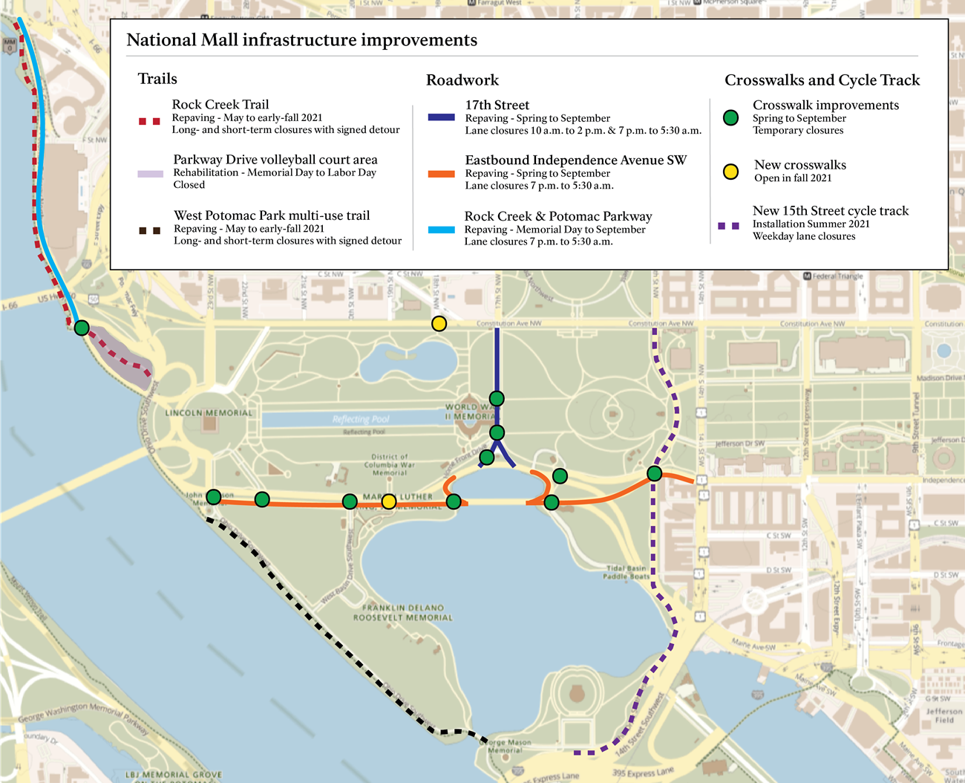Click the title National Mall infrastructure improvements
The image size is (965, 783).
coord(301,40)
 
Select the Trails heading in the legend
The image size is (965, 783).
coord(157,79)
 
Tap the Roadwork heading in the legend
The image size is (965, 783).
coord(462,80)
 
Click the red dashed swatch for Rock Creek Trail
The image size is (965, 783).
coord(149,120)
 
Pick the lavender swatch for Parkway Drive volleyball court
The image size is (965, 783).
coord(150,174)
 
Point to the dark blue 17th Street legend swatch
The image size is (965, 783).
coord(441,117)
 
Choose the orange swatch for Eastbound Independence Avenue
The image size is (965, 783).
coord(441,174)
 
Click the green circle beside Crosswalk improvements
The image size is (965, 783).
coord(730,117)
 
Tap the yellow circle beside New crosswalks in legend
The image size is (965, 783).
coord(730,172)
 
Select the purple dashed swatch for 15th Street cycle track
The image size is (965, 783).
coord(728,226)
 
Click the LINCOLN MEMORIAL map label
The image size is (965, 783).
coord(209,413)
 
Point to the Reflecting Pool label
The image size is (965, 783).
coord(361,419)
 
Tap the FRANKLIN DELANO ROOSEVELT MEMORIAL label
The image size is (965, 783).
coord(403,613)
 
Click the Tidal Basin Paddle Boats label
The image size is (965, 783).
coord(625,572)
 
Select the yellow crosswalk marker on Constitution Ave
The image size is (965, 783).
coord(439,323)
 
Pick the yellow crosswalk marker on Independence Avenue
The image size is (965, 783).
coord(388,502)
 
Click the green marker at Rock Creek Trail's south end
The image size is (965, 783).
coord(82,328)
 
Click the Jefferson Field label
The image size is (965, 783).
coord(944,715)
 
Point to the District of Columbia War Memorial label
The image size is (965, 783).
coord(390,465)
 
